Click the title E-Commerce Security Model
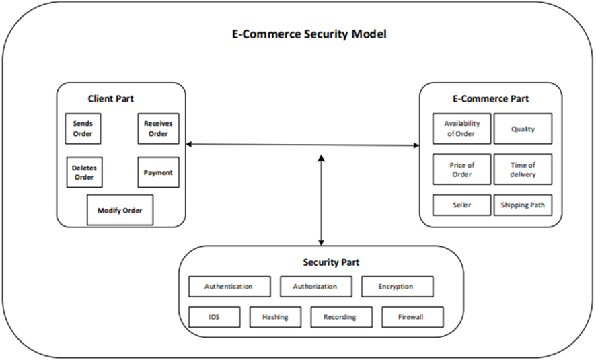[309, 34]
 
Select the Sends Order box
[83, 129]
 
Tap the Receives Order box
[158, 129]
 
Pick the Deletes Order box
[83, 172]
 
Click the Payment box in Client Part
[158, 172]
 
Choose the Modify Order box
[120, 210]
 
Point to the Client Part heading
[111, 98]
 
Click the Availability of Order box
[461, 129]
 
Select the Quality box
[523, 129]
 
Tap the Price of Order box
[461, 170]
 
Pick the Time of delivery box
[523, 170]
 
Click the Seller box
[461, 205]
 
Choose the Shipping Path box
[523, 205]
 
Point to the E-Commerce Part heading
[490, 98]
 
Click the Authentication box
[229, 286]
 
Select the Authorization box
[315, 286]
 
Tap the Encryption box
[397, 286]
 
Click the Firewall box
[412, 316]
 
